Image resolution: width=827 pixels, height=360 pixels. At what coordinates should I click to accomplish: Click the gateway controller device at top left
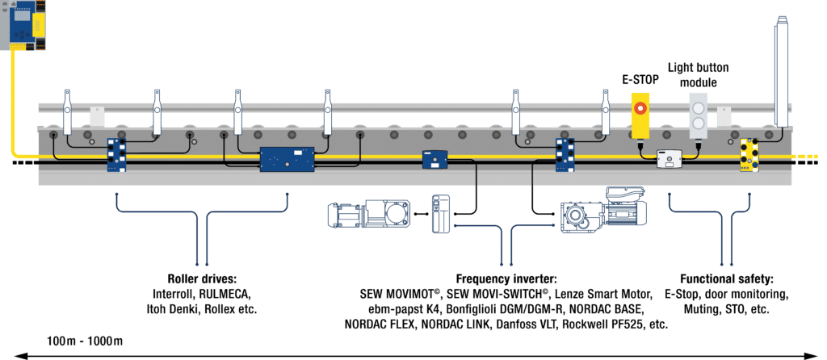(x=24, y=23)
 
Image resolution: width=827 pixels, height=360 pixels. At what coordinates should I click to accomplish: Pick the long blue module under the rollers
(x=286, y=158)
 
